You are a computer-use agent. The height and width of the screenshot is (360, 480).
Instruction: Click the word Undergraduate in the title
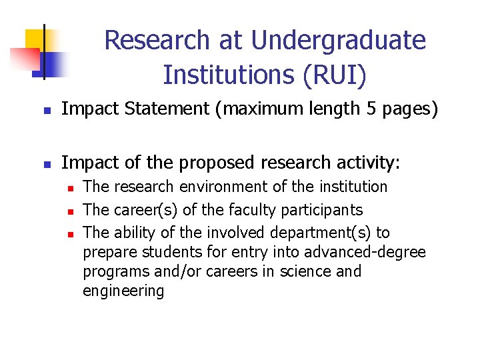339,41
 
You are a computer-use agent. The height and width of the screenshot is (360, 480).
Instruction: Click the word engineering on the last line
123,291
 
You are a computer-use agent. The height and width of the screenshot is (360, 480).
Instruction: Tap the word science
312,271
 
